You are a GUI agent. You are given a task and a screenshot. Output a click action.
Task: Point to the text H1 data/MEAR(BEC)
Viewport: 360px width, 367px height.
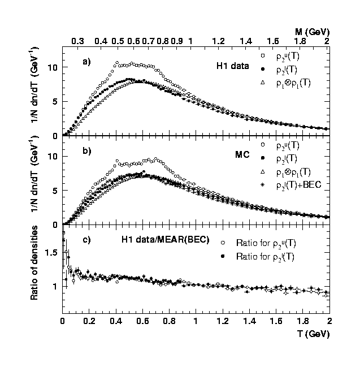(165, 240)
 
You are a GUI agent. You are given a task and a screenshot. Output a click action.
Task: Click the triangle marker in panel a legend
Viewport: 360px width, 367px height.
(263, 83)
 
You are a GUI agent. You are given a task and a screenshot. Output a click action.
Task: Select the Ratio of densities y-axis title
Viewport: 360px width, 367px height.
(35, 262)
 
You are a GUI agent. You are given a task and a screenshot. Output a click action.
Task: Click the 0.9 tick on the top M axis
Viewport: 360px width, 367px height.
(176, 42)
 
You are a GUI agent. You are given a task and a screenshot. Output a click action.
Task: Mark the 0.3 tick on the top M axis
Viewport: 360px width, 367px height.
(77, 42)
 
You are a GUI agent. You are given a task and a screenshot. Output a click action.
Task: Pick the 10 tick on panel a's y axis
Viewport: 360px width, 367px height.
(53, 68)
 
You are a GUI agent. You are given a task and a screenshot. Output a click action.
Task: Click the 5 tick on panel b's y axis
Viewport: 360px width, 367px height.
(55, 191)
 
